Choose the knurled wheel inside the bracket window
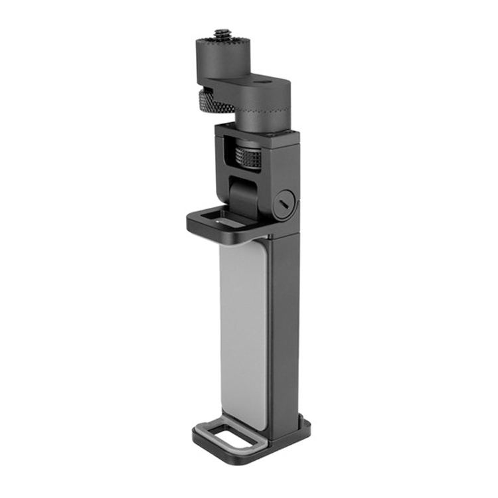point(252,160)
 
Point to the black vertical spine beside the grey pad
point(284,319)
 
